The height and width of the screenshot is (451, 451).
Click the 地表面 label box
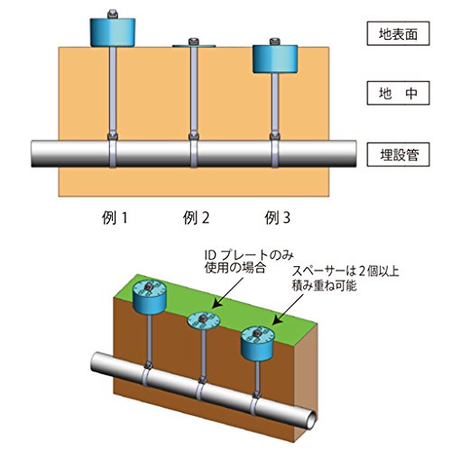point(398,33)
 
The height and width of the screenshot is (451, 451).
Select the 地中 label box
point(398,93)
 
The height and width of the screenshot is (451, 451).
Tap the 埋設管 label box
point(398,155)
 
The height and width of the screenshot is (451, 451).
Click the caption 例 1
point(115,217)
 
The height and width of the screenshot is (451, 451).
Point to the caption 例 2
point(196,217)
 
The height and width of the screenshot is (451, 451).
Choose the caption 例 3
point(277,217)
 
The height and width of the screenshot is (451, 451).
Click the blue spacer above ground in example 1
point(113,32)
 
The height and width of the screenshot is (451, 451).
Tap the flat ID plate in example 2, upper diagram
point(194,46)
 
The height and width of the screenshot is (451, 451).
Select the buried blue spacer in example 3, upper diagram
point(275,59)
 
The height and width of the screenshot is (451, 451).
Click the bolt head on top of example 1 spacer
point(113,14)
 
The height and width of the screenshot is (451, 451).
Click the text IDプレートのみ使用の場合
point(249,262)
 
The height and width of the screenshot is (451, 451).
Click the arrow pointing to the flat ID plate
point(229,292)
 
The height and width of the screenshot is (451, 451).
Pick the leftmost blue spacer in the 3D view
point(150,296)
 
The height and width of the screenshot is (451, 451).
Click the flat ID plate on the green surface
point(204,320)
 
